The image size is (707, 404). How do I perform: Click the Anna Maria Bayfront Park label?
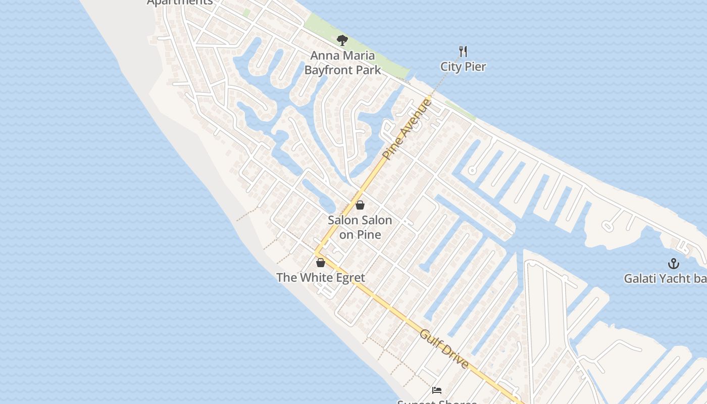point(342,63)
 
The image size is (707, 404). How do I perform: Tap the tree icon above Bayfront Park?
point(342,40)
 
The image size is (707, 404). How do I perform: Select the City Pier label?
point(463,67)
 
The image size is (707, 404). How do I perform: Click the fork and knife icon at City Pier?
point(463,51)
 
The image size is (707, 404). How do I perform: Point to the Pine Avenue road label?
point(408,129)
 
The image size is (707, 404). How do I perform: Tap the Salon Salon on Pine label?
point(360,227)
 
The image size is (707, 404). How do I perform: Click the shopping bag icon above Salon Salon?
point(360,205)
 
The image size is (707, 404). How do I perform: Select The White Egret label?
point(320,278)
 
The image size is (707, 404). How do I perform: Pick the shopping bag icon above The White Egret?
point(320,263)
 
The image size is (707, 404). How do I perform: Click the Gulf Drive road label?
point(444,349)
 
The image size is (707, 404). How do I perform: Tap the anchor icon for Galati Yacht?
point(673,264)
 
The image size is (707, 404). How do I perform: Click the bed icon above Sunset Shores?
point(437,390)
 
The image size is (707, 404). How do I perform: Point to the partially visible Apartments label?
point(180,3)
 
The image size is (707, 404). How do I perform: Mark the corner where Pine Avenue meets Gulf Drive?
point(316,253)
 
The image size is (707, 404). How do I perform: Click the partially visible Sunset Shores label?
point(437,401)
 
